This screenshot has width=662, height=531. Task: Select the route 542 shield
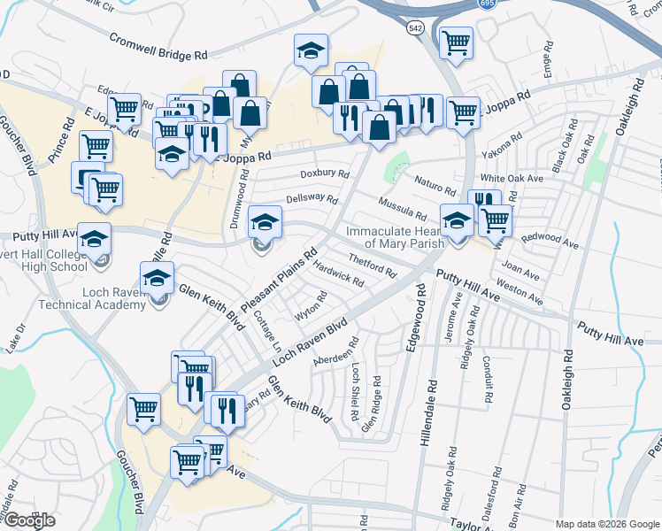[x=415, y=28]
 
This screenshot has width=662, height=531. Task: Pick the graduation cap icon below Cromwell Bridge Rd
[x=311, y=50]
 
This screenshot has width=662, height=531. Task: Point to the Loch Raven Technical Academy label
[x=91, y=297]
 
